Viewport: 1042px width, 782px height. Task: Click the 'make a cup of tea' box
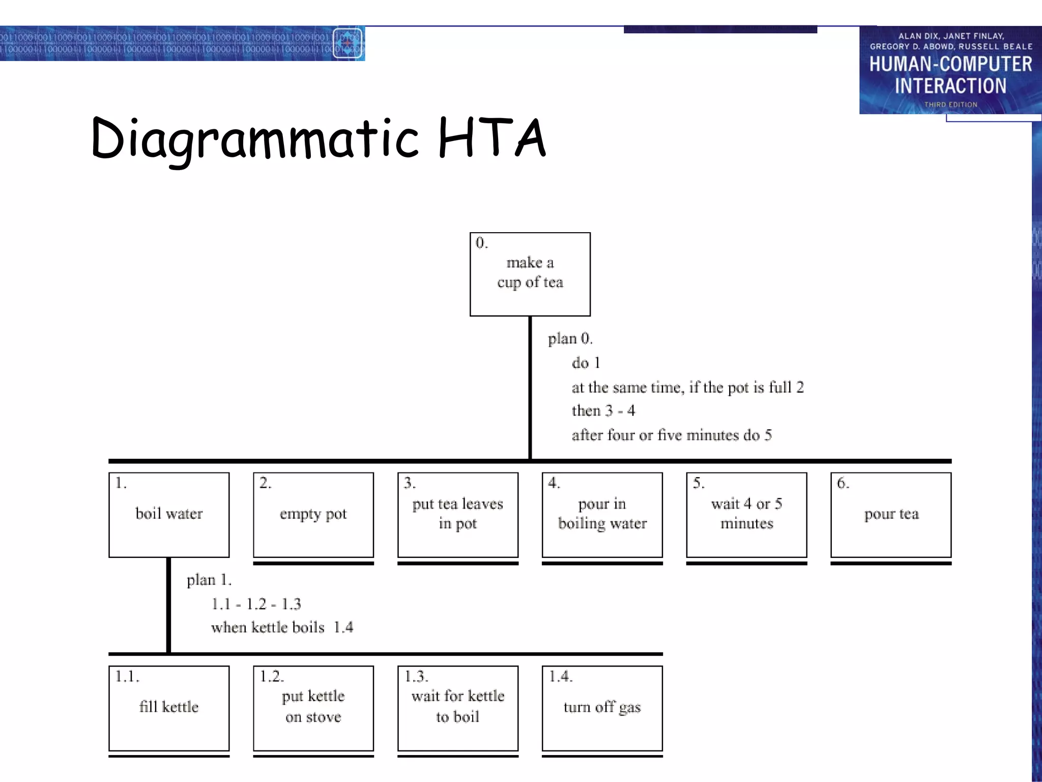(x=530, y=274)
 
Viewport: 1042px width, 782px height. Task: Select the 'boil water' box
(x=169, y=515)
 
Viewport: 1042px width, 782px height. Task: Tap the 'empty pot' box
(x=313, y=515)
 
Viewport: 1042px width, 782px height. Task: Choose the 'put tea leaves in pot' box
(x=457, y=515)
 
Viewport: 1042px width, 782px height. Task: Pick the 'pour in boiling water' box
(x=602, y=515)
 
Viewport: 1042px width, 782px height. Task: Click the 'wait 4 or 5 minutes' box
(x=746, y=515)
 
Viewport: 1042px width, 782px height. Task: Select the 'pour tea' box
(x=891, y=515)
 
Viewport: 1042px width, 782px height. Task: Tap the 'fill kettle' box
(x=169, y=708)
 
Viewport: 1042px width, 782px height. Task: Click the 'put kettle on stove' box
(x=313, y=708)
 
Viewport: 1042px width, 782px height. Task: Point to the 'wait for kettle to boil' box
(x=457, y=708)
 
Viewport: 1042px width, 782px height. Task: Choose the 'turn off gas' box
(x=602, y=708)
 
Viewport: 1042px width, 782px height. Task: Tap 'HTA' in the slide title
(x=491, y=137)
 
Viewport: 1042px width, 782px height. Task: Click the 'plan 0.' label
(x=570, y=339)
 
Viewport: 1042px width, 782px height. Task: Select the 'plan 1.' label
(x=209, y=580)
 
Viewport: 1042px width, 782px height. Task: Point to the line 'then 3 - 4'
(x=603, y=411)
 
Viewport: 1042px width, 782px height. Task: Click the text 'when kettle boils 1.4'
(x=282, y=627)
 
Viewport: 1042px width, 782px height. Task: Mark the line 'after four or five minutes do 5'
(x=672, y=435)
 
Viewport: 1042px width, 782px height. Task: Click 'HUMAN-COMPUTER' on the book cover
(x=950, y=64)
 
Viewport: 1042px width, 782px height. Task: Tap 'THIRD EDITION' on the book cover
(x=950, y=104)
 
